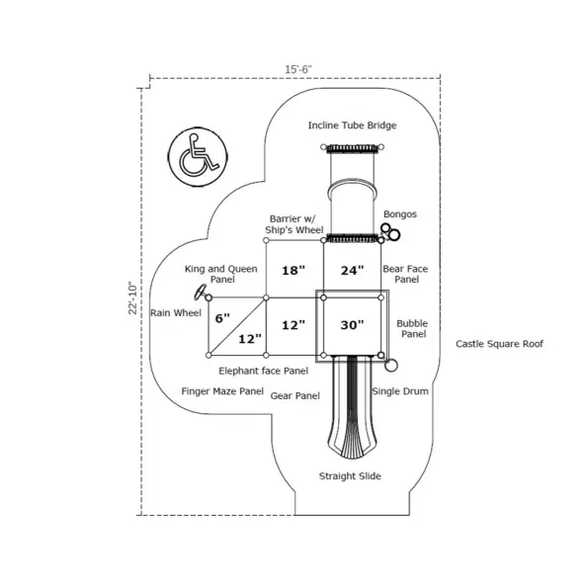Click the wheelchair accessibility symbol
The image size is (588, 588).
pos(198,157)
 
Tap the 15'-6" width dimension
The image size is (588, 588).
pos(298,70)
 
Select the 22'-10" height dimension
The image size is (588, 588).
pos(133,297)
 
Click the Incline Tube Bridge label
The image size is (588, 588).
pos(352,126)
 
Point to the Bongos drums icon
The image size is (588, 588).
pos(390,232)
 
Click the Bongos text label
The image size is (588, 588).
pos(400,214)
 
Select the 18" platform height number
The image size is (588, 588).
pos(294,270)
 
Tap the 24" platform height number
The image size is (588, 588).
pos(352,270)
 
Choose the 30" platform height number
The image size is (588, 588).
pos(352,325)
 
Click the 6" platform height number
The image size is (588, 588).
pos(222,318)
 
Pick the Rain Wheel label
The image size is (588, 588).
pos(176,312)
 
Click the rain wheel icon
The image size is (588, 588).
pos(201,293)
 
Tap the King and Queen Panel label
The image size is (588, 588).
pos(221,274)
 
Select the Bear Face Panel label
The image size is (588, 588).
pos(405,274)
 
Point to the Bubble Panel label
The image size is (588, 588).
pos(412,328)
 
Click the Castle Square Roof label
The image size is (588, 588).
pos(499,344)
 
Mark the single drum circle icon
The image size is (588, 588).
pos(391,366)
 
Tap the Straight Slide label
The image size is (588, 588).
pos(350,476)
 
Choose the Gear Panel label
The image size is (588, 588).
pos(295,396)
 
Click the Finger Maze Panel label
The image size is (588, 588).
pos(222,391)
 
